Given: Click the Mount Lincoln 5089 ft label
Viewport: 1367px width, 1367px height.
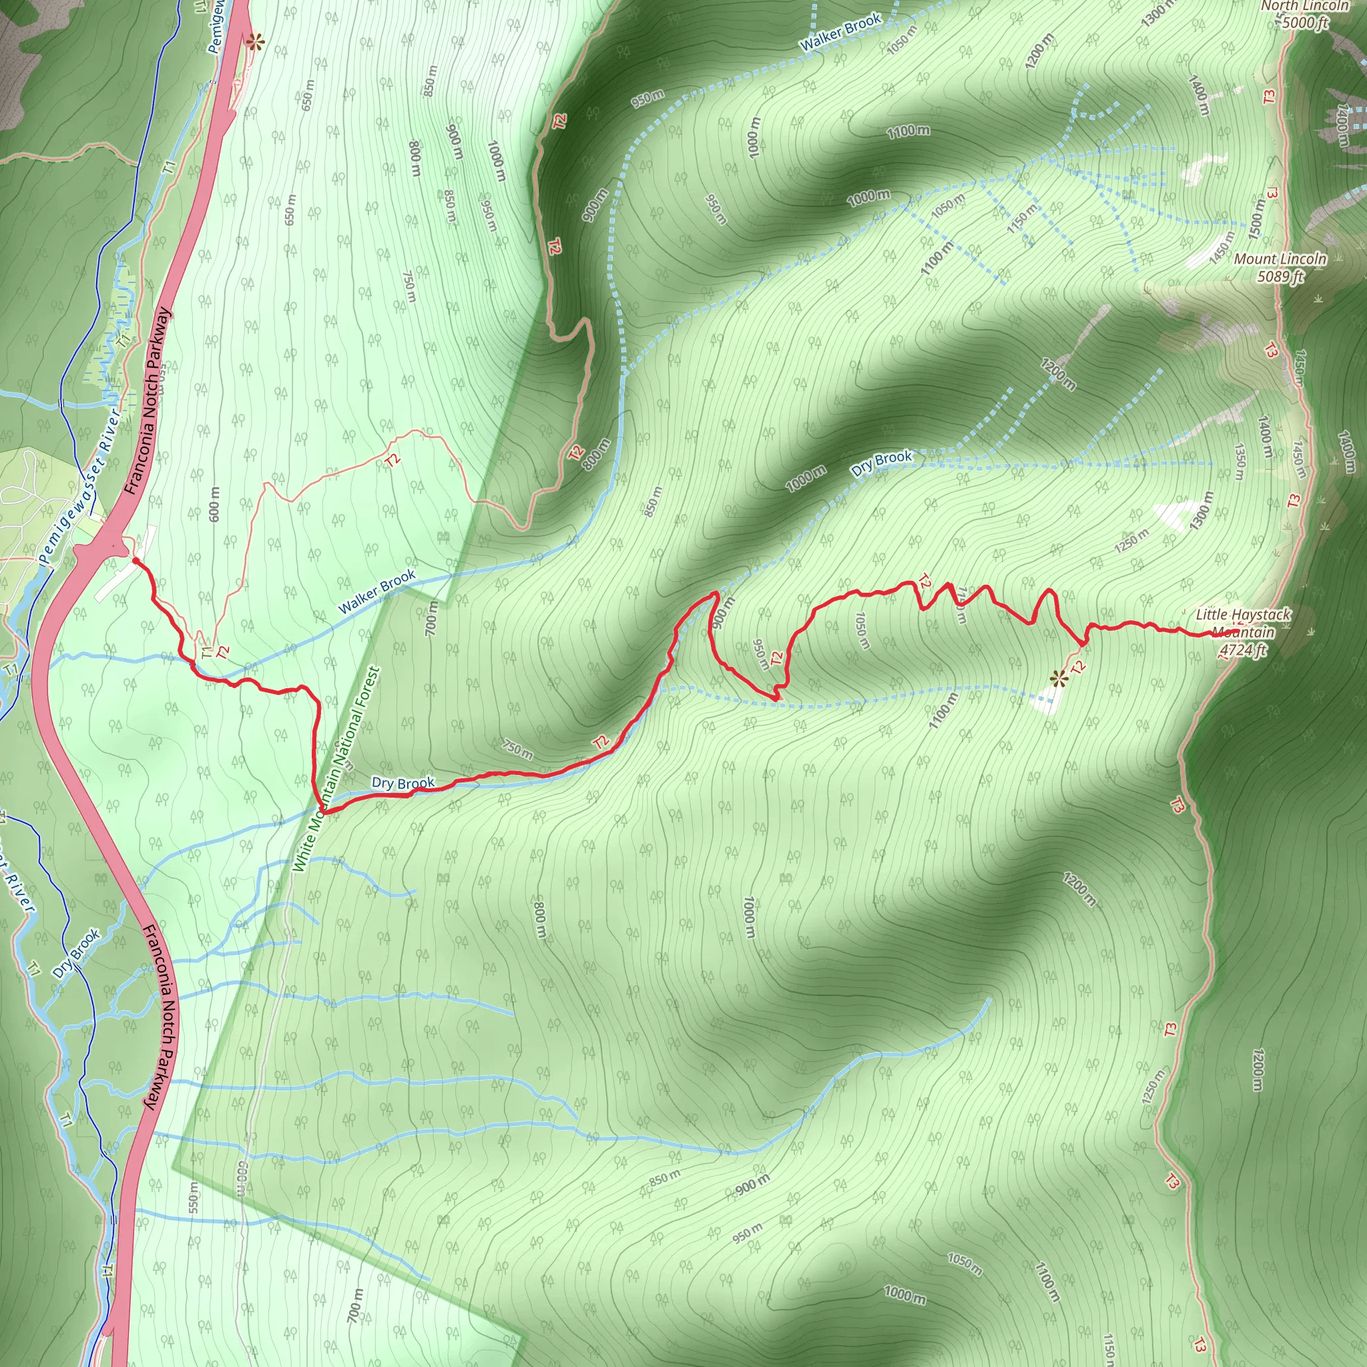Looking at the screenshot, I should click(1280, 268).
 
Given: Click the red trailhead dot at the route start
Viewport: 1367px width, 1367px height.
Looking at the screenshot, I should click(135, 561).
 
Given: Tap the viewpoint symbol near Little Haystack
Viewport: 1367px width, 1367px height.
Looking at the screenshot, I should click(1058, 680).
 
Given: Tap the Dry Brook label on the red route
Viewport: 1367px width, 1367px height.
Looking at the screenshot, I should click(402, 783).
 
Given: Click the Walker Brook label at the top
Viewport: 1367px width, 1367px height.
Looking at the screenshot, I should click(840, 32).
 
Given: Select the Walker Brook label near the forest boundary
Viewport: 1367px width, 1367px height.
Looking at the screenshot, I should click(376, 592).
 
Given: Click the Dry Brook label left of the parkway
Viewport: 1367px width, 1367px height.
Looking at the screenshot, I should click(76, 954).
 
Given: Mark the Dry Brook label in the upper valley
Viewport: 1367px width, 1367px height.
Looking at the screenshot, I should click(882, 463).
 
